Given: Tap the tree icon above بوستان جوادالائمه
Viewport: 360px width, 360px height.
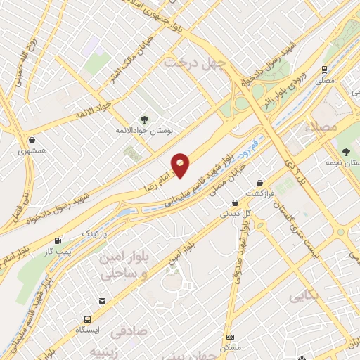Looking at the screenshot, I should click(144, 120).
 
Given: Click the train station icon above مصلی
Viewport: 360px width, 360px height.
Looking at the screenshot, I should click(324, 70).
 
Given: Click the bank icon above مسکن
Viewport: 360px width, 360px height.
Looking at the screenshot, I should click(229, 337).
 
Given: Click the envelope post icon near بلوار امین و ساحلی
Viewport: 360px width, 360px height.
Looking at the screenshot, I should click(103, 301).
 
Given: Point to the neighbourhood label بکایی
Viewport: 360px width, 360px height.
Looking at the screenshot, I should click(308, 297).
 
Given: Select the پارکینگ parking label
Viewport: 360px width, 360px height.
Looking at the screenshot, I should click(97, 232).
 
